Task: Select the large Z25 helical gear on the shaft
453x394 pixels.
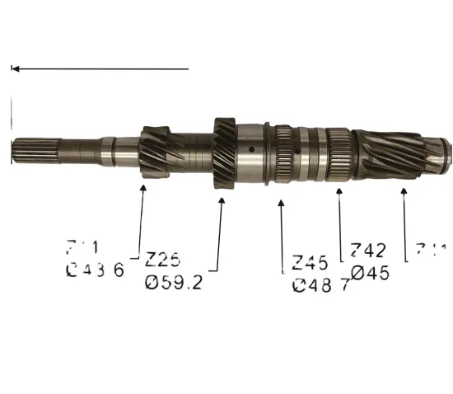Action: point(225,156)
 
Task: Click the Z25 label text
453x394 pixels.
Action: point(162,260)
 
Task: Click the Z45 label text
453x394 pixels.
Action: point(310,264)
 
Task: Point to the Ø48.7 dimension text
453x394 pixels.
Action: point(321,286)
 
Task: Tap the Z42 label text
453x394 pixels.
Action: point(368,251)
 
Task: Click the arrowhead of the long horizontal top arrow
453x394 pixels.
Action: point(15,69)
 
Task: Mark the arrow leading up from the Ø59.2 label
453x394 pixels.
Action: point(220,231)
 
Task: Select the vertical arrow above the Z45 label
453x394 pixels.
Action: point(283,235)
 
